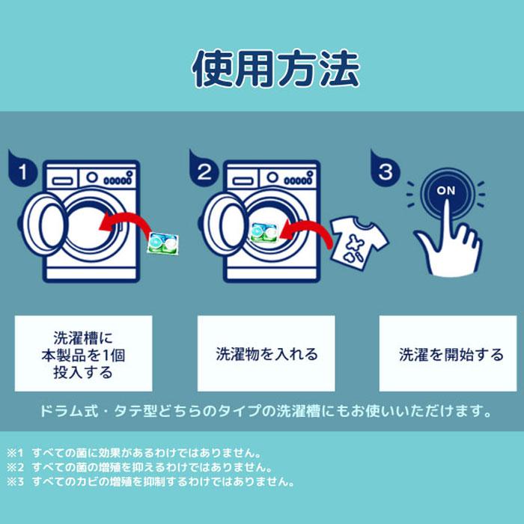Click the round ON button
click(445, 191)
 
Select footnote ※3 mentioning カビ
click(150, 482)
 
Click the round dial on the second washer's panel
click(273, 178)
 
